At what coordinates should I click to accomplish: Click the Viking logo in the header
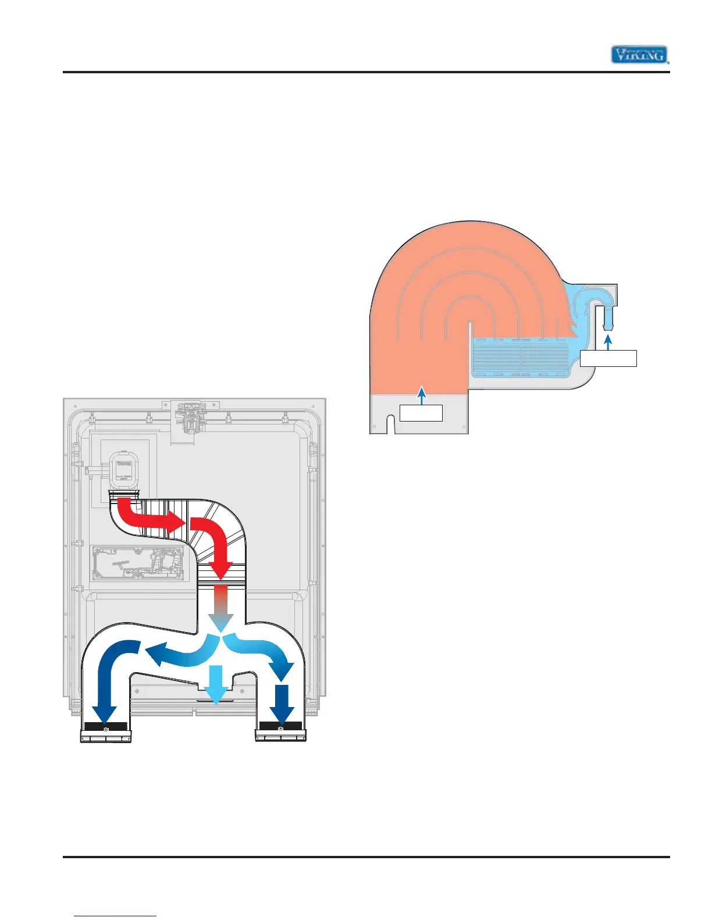coord(639,55)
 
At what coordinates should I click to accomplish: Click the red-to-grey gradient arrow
coord(221,608)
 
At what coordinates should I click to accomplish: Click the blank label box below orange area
coord(421,413)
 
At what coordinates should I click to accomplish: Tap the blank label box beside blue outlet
coord(608,358)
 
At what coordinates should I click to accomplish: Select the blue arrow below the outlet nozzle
coord(608,343)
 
